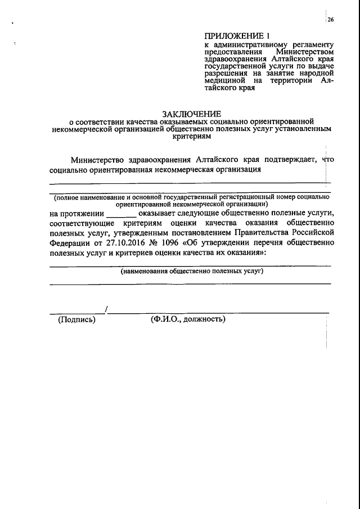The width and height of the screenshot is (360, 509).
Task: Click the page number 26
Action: click(331, 20)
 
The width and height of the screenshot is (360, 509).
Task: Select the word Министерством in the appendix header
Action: click(309, 52)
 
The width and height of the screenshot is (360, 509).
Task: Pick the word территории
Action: click(291, 81)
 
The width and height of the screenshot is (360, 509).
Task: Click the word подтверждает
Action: click(287, 159)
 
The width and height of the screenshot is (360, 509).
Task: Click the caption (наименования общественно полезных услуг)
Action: click(192, 271)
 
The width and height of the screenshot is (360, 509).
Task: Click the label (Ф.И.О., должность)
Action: click(188, 319)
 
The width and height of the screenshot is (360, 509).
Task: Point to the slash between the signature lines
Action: click(106, 309)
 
